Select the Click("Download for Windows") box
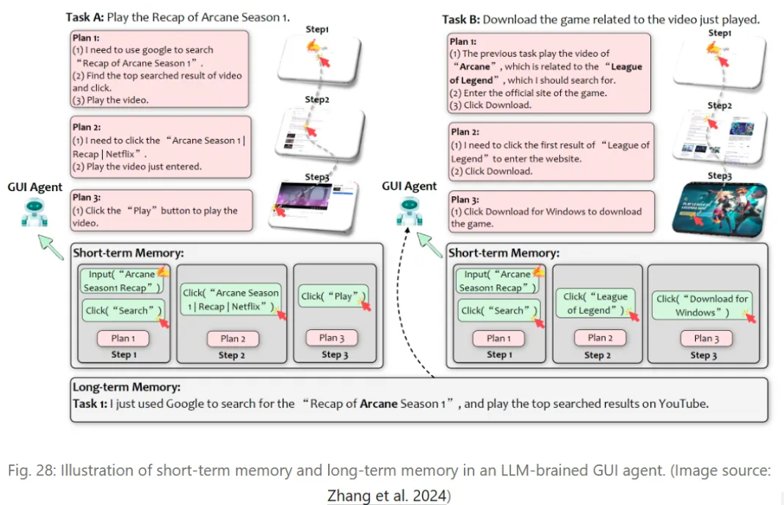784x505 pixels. (702, 305)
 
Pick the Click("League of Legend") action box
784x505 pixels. (596, 304)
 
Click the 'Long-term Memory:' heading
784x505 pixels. (126, 387)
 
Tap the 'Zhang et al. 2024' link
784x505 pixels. (386, 495)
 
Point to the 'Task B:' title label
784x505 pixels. (460, 19)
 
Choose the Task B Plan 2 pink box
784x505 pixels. (550, 151)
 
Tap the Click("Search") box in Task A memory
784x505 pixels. (123, 310)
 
